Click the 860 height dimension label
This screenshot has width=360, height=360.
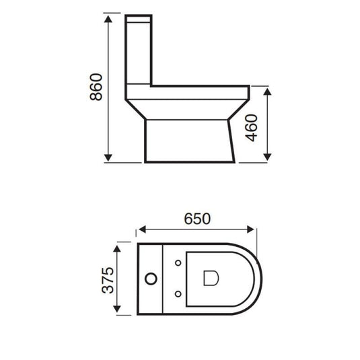(96, 87)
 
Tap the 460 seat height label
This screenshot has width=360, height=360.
(252, 126)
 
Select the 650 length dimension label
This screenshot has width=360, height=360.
(198, 219)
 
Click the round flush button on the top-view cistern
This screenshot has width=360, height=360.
(151, 277)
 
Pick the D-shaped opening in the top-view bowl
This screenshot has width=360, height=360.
(209, 277)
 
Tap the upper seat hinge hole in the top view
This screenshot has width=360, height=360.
(178, 262)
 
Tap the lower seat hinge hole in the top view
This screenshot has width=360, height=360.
(178, 292)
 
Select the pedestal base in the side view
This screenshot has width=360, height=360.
(189, 141)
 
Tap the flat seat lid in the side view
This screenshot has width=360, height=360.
(199, 88)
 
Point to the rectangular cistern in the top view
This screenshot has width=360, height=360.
(152, 277)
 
